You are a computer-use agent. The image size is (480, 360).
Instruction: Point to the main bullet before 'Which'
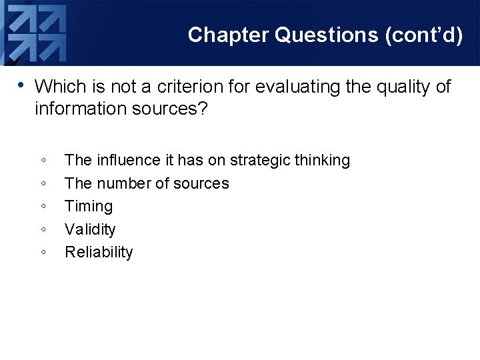tap(21, 85)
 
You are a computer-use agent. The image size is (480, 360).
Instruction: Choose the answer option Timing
tap(89, 206)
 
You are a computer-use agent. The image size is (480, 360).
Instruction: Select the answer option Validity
tap(90, 229)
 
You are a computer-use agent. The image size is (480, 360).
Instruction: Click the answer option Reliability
tap(99, 252)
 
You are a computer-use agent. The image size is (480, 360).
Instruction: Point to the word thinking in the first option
tap(321, 160)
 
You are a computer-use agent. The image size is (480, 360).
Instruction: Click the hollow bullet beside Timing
tap(43, 207)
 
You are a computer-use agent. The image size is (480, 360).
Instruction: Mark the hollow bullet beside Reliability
tap(43, 253)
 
